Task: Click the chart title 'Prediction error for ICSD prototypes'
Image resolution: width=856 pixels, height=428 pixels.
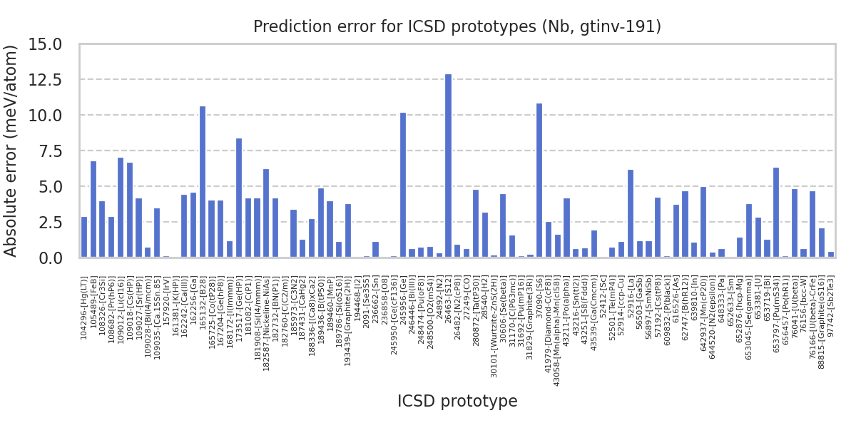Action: coord(457,27)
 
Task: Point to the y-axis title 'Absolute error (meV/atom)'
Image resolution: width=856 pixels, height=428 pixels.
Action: coord(11,151)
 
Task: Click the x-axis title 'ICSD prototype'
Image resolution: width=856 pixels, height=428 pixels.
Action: coord(457,402)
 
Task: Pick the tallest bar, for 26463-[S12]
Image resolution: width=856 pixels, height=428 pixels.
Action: coord(448,165)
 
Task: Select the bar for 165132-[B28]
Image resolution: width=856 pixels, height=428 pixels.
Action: coord(203,182)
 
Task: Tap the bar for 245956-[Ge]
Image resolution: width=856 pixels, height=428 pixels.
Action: coord(403,185)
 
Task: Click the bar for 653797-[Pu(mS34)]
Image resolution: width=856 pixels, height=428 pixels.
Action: coord(776,213)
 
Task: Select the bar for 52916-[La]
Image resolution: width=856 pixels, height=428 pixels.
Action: coord(631,213)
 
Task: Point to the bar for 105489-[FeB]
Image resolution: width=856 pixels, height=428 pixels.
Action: coord(93,209)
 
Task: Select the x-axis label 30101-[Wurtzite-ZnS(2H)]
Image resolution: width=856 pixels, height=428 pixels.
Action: coord(494,317)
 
